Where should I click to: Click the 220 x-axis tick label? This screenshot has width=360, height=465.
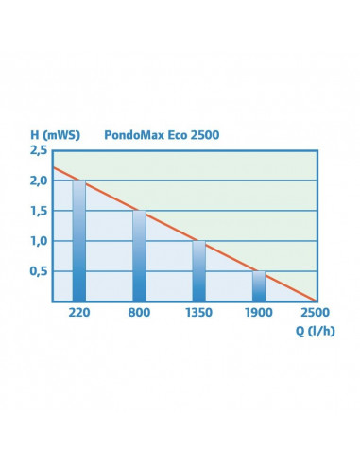[79, 311]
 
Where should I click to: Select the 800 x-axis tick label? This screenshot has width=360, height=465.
[139, 311]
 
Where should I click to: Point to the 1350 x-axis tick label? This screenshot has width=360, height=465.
[198, 311]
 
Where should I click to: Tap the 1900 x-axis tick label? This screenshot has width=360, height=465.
[258, 311]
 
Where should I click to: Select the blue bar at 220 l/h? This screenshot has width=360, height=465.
[79, 241]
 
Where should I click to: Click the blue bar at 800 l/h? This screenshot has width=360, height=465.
[139, 255]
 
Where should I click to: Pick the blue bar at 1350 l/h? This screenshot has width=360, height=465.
[198, 271]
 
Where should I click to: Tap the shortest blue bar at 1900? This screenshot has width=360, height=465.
[258, 286]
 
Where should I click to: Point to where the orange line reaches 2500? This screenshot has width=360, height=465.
[317, 300]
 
